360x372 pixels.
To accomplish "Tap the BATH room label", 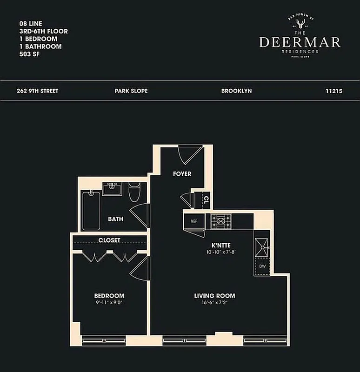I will pos(115,219).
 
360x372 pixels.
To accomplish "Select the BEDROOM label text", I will pos(109,296).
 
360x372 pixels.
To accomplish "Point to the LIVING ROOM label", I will pos(214,296).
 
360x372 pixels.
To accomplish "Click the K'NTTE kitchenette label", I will pos(221,245).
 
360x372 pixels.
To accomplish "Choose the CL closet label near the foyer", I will pos(206,200).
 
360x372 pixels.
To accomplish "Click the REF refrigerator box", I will pos(194,221).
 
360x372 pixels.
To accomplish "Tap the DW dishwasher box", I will pos(261,266).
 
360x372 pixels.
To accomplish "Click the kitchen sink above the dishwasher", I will pos(261,245).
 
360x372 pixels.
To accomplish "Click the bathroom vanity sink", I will pos(112,189).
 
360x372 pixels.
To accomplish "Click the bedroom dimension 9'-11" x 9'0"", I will pos(109,302).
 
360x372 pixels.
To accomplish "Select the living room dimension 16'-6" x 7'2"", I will pos(214,302).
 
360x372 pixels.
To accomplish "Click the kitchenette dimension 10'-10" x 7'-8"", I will pos(221,252).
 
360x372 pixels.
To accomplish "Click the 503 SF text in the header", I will pos(29,54).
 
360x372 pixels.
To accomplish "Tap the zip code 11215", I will pos(334,91).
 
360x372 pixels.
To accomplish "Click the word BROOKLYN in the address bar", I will pos(236,91).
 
